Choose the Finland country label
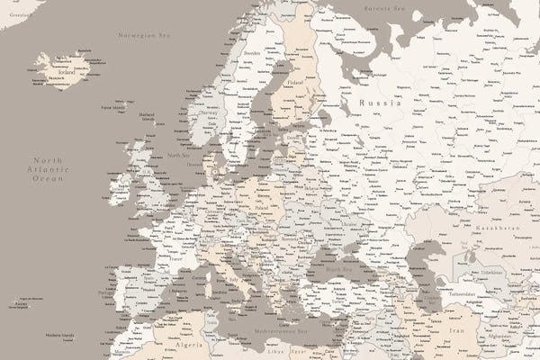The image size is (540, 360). pyautogui.click(x=294, y=83)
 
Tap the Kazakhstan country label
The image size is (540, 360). pyautogui.click(x=498, y=229)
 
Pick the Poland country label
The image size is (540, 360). pyautogui.click(x=262, y=205)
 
